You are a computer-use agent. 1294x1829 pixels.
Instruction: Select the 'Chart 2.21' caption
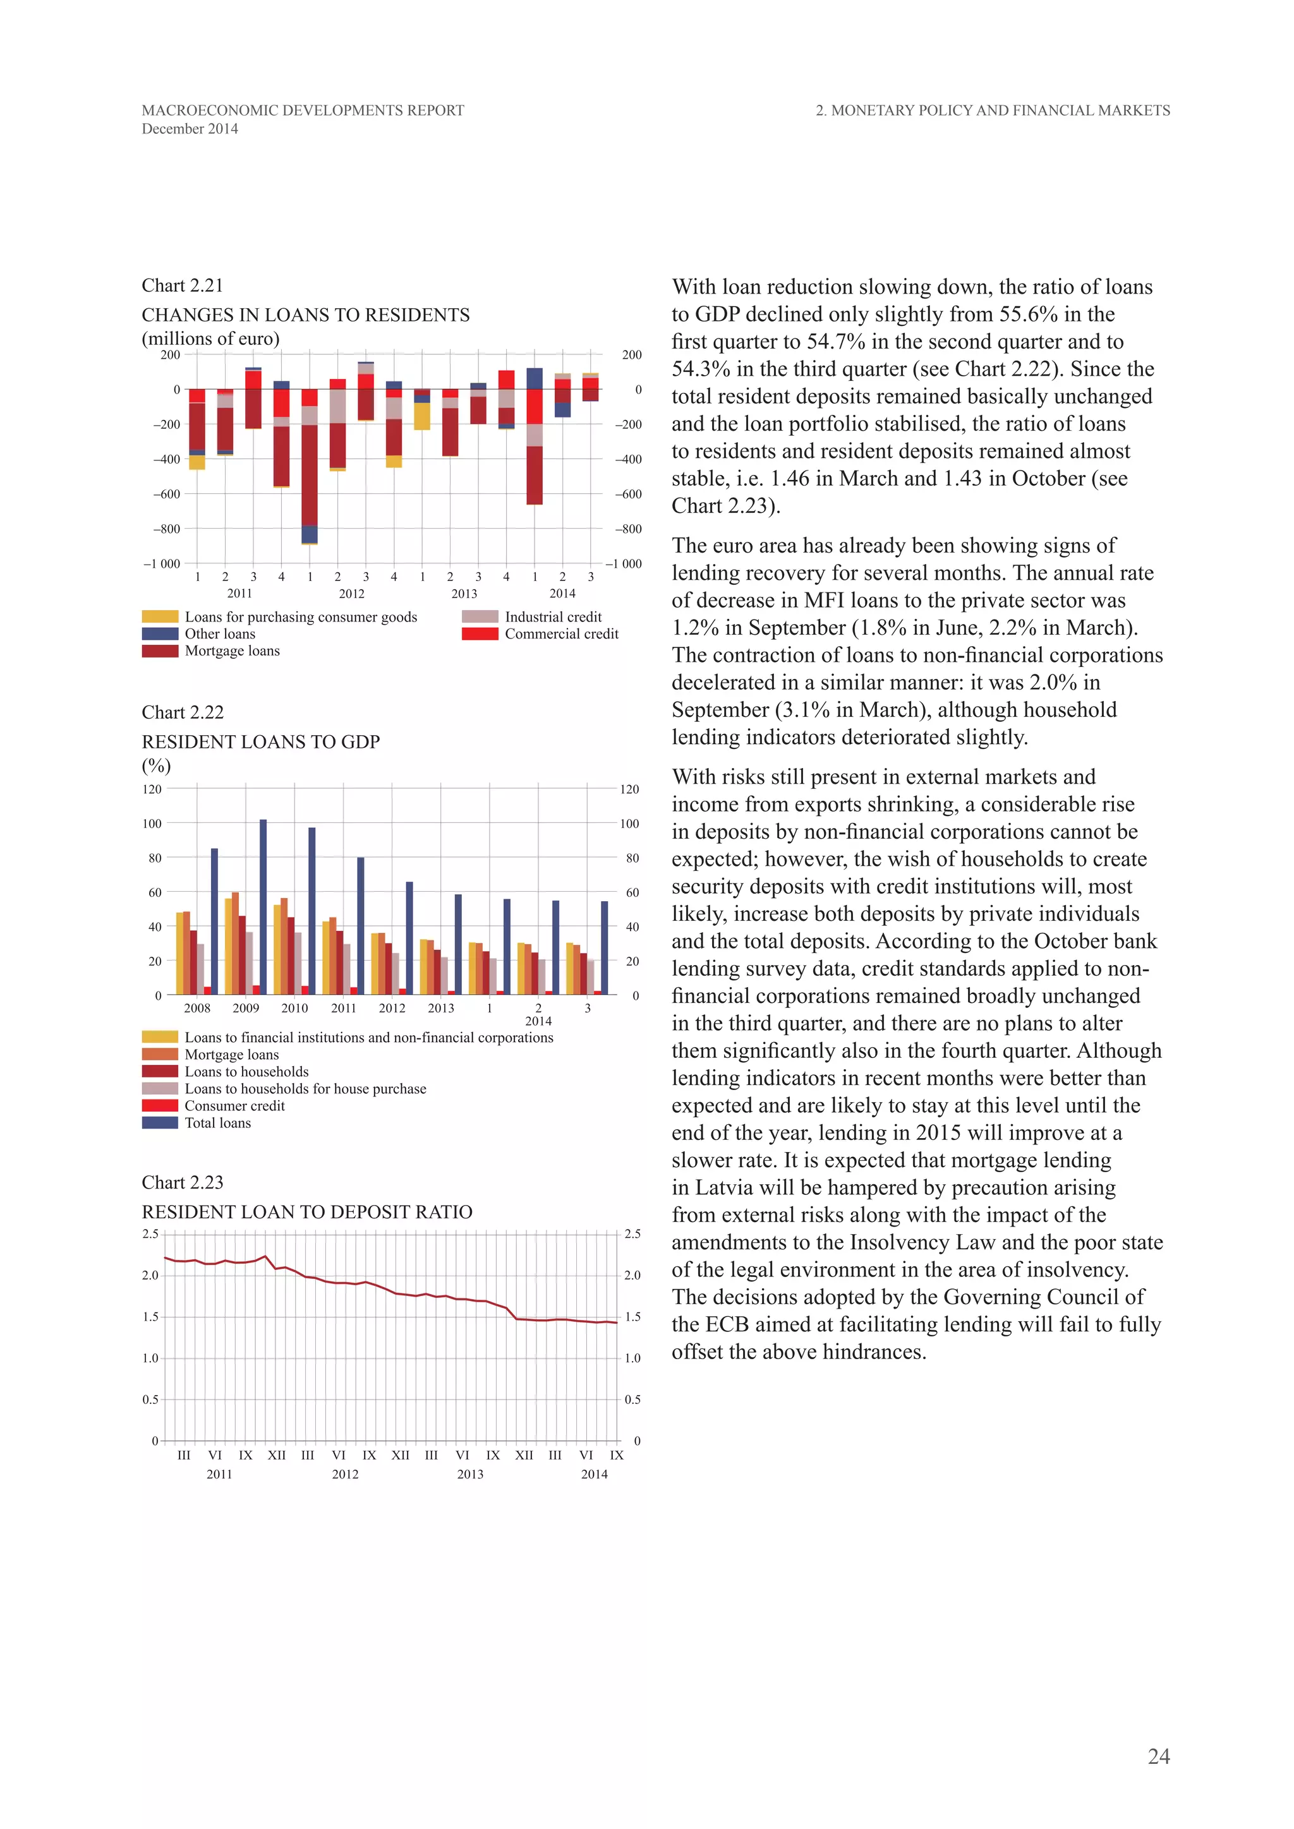[x=183, y=285]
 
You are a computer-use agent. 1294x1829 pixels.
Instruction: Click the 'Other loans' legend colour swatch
[x=159, y=634]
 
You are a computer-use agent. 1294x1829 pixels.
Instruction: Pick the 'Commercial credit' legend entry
[x=561, y=634]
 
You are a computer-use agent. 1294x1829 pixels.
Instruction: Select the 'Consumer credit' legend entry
[x=234, y=1106]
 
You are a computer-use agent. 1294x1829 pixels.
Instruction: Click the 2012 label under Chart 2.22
[x=392, y=1008]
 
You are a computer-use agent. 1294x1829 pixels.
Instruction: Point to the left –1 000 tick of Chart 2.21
[x=162, y=564]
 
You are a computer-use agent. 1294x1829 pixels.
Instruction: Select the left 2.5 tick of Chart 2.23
[x=150, y=1234]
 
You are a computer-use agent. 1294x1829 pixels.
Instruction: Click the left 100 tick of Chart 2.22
[x=152, y=824]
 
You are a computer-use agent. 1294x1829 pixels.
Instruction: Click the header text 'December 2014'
[x=190, y=129]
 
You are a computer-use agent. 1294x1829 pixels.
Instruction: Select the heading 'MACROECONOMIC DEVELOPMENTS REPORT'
[x=303, y=111]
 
